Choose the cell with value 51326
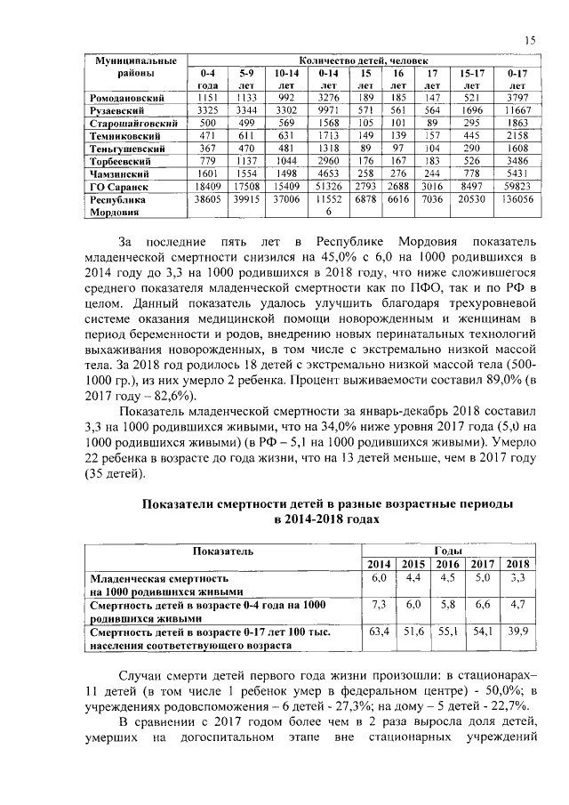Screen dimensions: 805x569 (x=328, y=188)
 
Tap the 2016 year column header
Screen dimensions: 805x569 (x=448, y=564)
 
